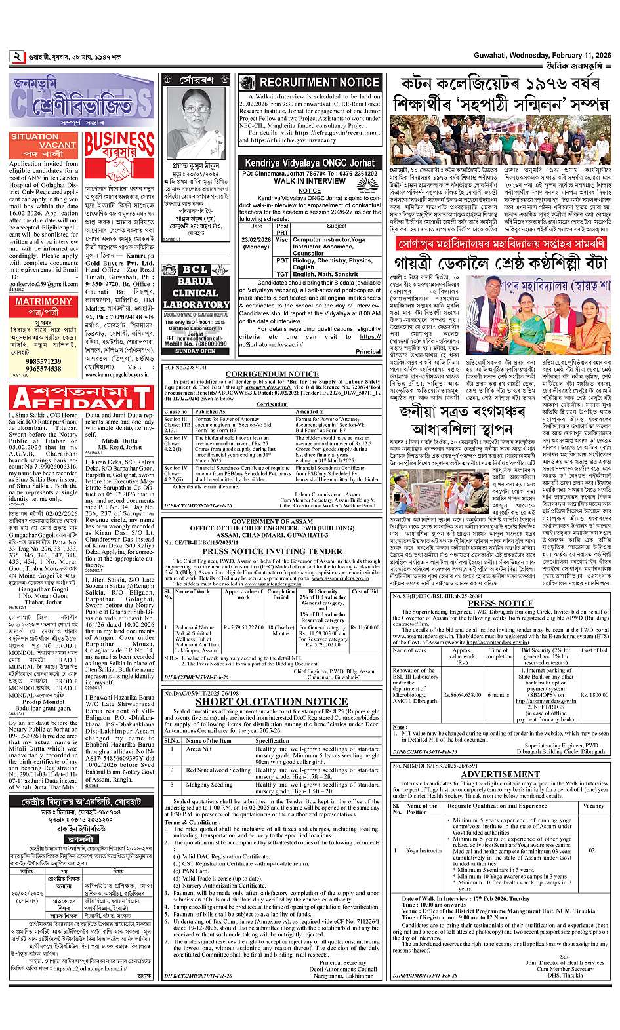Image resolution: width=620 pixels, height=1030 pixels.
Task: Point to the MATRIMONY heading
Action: pyautogui.click(x=43, y=302)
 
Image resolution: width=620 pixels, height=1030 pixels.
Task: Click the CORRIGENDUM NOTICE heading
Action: pyautogui.click(x=272, y=374)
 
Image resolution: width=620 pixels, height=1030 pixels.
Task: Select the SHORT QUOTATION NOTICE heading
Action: pyautogui.click(x=272, y=702)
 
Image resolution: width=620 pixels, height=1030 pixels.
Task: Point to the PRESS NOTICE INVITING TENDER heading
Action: pyautogui.click(x=272, y=551)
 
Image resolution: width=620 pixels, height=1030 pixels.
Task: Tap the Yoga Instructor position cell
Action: pyautogui.click(x=424, y=850)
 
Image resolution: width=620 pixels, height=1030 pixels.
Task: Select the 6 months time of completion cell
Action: pyautogui.click(x=499, y=694)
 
